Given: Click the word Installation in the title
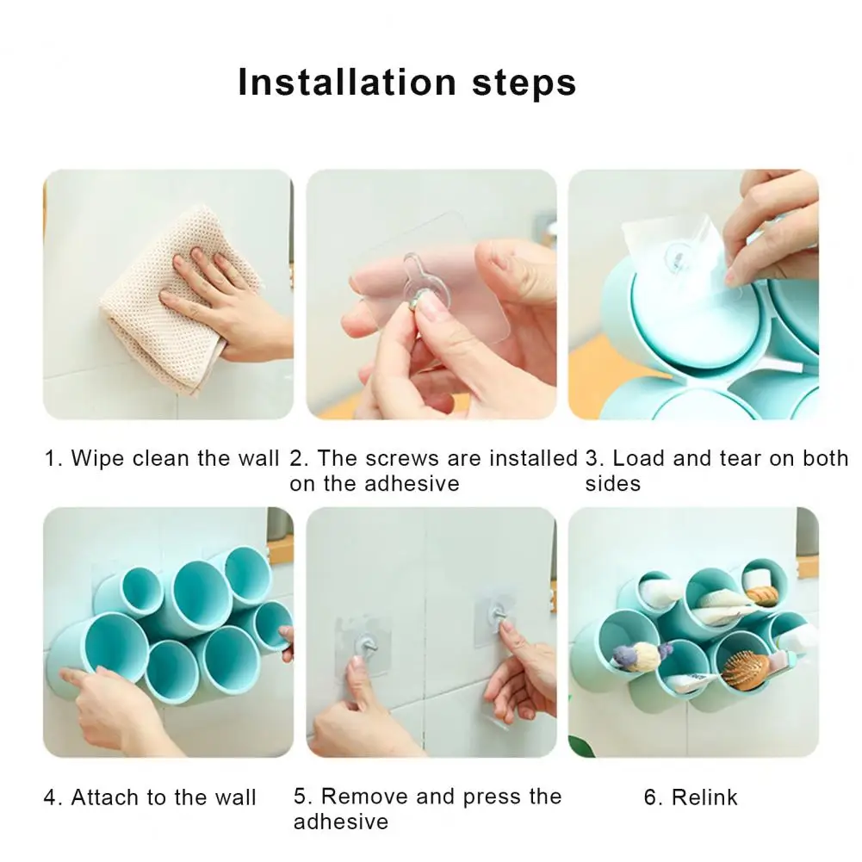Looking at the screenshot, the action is pyautogui.click(x=347, y=83).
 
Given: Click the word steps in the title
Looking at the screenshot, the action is pyautogui.click(x=524, y=84).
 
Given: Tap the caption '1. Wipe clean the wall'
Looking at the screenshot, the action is pyautogui.click(x=162, y=458).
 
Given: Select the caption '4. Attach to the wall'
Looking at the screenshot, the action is pyautogui.click(x=150, y=797).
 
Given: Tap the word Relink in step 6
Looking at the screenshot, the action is pyautogui.click(x=704, y=797).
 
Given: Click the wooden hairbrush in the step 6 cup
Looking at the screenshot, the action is pyautogui.click(x=746, y=668).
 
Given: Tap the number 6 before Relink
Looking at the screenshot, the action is pyautogui.click(x=650, y=797).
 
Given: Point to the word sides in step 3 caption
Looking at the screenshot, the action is pyautogui.click(x=613, y=484).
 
